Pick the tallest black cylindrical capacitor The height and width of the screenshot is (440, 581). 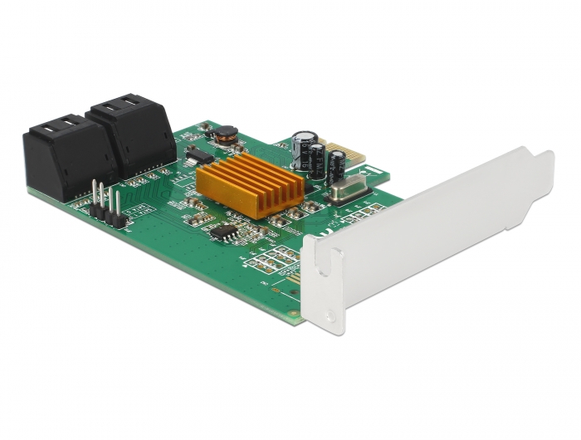click(304, 149)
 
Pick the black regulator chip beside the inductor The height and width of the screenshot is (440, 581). click(197, 154)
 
